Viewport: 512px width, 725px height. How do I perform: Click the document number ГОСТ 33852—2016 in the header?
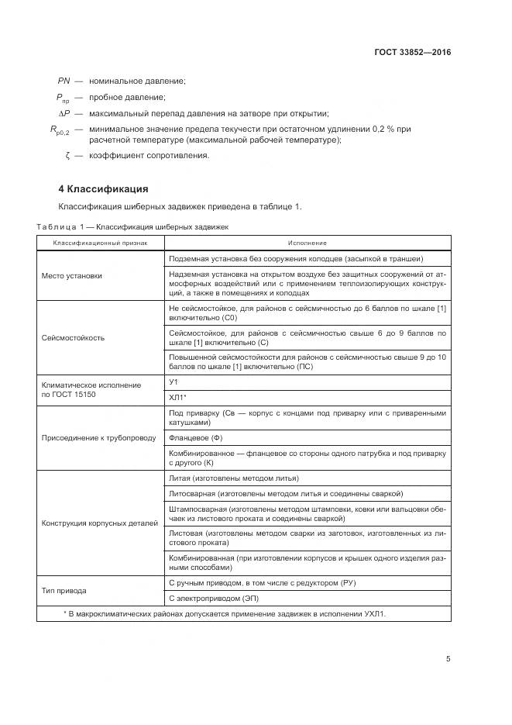coord(413,53)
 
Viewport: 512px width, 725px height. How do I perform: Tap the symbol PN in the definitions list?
coord(64,81)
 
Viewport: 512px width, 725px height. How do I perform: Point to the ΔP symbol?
coord(65,113)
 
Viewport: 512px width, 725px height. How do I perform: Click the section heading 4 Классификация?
coord(103,189)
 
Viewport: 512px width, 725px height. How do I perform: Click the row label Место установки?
coord(71,275)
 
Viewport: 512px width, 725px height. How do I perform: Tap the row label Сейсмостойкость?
coord(73,338)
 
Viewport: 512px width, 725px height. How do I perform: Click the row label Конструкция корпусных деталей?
coord(99,523)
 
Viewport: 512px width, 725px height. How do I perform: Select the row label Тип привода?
coord(64,590)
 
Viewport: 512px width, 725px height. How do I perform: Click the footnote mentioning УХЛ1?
coord(225,613)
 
